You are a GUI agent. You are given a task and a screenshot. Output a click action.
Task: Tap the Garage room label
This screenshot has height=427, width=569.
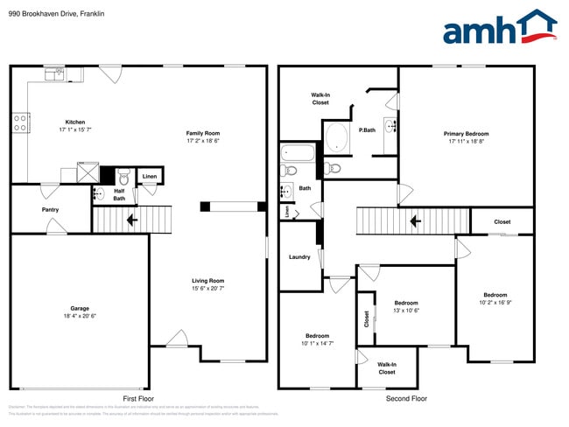[x=74, y=311]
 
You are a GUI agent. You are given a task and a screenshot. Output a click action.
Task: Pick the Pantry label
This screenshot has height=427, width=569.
[x=51, y=210]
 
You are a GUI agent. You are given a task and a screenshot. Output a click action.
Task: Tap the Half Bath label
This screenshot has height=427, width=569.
[x=119, y=194]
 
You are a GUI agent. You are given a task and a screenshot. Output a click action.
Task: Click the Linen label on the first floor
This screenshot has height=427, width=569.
[x=150, y=178]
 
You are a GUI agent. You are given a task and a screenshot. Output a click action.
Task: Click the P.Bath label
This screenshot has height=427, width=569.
[x=367, y=129]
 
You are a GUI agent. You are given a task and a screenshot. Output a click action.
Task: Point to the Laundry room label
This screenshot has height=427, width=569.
[x=299, y=257]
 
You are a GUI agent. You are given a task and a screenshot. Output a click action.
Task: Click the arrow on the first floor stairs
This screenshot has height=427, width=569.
[x=131, y=220]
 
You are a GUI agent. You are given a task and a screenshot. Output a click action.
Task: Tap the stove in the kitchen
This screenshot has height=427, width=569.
[x=19, y=122]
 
